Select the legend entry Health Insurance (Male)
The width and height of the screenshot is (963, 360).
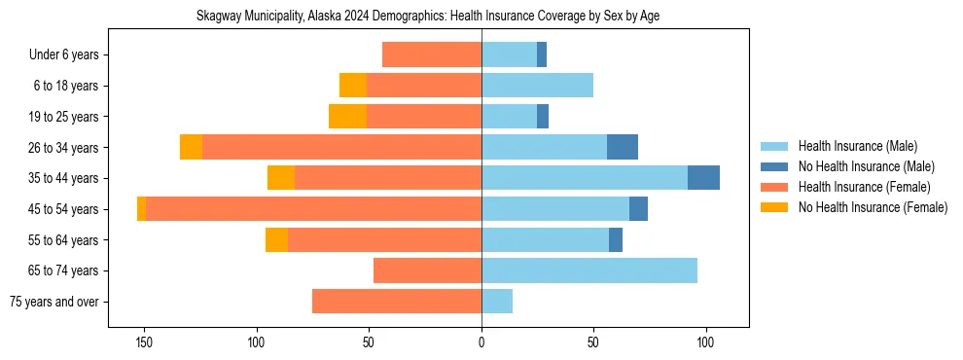856,146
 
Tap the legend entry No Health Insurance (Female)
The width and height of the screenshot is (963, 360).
873,207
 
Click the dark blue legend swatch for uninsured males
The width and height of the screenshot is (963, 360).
774,166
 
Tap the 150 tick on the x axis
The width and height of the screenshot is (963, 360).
144,342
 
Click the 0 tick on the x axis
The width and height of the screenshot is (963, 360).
481,342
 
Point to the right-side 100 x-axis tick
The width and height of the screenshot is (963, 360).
706,342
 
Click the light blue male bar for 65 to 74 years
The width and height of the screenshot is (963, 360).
589,270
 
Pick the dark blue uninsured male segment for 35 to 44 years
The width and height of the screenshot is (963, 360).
703,178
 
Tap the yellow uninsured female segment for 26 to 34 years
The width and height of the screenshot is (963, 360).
191,147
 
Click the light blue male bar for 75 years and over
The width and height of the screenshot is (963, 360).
497,302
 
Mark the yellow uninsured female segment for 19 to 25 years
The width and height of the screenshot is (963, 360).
347,117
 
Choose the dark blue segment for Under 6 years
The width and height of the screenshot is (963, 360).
542,54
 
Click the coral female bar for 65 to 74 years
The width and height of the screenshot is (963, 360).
427,270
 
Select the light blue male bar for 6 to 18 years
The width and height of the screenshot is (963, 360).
537,86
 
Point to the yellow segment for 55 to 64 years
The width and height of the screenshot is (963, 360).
276,239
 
